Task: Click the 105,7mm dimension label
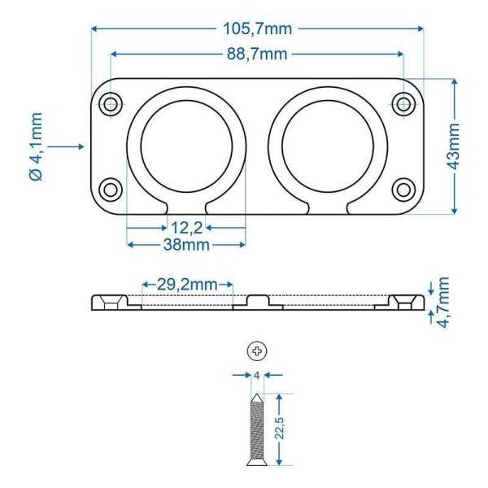[x=258, y=29]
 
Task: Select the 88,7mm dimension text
[x=257, y=54]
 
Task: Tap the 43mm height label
[x=454, y=146]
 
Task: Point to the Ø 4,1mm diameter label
[x=36, y=146]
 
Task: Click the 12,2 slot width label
[x=187, y=228]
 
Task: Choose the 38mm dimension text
[x=186, y=245]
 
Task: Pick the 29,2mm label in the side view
[x=187, y=285]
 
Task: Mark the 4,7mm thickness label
[x=443, y=303]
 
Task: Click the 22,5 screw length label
[x=280, y=428]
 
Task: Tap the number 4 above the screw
[x=257, y=376]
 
